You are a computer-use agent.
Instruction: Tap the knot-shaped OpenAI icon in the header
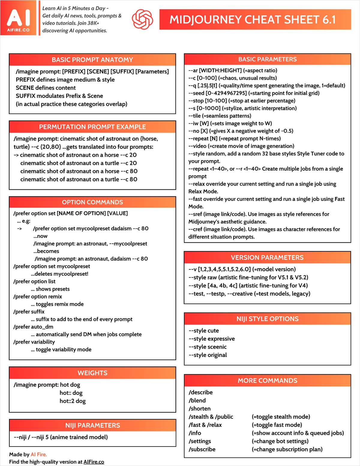tap(142, 19)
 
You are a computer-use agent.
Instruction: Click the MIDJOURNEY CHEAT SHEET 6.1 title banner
tap(255, 19)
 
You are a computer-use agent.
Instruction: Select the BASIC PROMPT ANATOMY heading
tap(92, 60)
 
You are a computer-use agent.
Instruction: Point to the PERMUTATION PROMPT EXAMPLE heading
tap(92, 127)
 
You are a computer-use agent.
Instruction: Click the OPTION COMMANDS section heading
tap(92, 202)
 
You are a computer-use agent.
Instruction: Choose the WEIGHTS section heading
tap(92, 373)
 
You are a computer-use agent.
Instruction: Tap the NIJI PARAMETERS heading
tap(92, 425)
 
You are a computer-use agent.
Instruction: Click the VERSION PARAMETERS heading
tap(267, 257)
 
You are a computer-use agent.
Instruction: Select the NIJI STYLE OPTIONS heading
tap(267, 319)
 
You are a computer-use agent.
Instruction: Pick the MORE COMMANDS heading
tap(267, 381)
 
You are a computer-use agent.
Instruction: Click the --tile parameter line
tap(220, 116)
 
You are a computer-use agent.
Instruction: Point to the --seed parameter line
tap(254, 93)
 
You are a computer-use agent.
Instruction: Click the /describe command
tap(201, 392)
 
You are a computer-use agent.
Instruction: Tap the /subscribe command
tap(202, 449)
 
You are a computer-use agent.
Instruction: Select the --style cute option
tap(204, 331)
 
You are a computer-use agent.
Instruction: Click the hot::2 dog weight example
tap(73, 401)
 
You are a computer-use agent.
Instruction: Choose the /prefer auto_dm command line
tap(33, 327)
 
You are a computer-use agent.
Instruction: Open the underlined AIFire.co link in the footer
tap(94, 462)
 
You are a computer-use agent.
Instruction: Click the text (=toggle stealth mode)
tap(281, 417)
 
